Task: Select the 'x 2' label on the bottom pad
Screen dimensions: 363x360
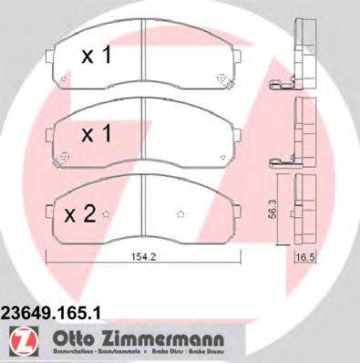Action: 81,214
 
